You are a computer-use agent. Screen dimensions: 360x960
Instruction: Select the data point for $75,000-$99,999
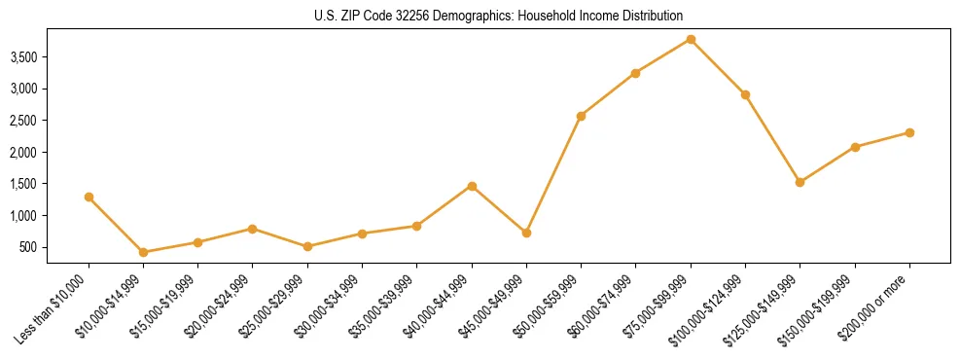point(691,39)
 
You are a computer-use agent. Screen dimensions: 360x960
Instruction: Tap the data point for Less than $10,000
point(89,197)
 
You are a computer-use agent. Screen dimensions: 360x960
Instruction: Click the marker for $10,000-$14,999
point(143,252)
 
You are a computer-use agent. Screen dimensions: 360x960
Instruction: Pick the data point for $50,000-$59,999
point(581,116)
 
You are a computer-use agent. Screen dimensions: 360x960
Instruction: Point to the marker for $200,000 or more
point(909,132)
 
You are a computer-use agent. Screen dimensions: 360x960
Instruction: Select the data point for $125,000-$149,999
point(800,182)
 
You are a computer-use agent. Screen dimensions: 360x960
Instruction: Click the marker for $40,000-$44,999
point(472,186)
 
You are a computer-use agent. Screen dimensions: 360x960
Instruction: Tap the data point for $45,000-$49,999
point(526,233)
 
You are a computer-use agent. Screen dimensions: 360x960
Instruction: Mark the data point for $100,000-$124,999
point(745,94)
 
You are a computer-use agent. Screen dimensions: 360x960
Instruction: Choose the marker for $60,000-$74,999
point(635,73)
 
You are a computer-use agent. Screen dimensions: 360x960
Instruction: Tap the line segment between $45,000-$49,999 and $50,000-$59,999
point(553,174)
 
